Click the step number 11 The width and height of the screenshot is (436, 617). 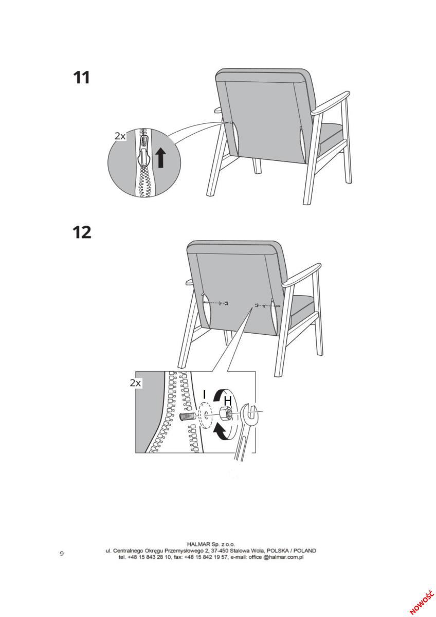point(82,78)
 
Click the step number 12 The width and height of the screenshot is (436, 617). point(82,232)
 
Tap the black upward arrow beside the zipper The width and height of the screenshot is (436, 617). point(160,157)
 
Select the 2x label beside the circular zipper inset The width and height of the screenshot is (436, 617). point(120,136)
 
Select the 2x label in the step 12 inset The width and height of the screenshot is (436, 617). point(135,383)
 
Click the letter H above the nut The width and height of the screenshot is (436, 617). point(227,401)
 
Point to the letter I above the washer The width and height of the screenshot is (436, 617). point(204,394)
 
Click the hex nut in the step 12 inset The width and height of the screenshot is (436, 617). point(225,413)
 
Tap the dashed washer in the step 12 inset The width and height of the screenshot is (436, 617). point(205,415)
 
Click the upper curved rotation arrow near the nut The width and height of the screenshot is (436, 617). point(222,394)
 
